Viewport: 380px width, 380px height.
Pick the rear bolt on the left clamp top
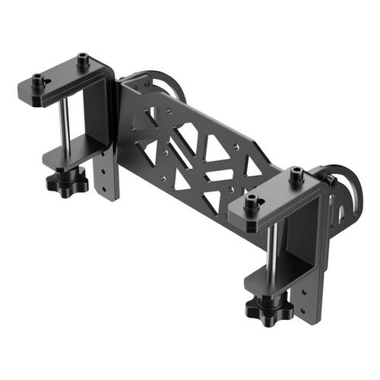pos(83,58)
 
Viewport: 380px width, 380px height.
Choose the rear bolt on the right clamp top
pos(296,173)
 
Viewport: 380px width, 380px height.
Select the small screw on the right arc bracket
pos(331,180)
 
